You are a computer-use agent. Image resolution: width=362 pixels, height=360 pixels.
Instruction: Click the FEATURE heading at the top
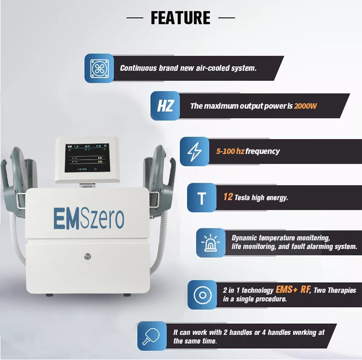pyautogui.click(x=180, y=18)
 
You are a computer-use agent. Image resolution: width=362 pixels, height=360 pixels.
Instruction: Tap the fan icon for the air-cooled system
pyautogui.click(x=99, y=68)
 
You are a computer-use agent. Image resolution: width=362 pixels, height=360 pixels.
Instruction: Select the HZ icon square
pyautogui.click(x=165, y=106)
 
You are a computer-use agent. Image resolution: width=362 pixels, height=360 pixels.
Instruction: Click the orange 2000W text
pyautogui.click(x=305, y=106)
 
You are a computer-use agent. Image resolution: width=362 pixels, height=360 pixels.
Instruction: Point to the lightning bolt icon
pyautogui.click(x=195, y=151)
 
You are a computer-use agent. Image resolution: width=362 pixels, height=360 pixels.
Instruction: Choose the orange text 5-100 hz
pyautogui.click(x=230, y=151)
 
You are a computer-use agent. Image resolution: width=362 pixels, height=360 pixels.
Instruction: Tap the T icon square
pyautogui.click(x=201, y=198)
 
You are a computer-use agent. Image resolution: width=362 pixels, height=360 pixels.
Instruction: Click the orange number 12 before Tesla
pyautogui.click(x=228, y=197)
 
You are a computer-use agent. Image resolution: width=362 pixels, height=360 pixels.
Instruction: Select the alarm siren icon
pyautogui.click(x=210, y=243)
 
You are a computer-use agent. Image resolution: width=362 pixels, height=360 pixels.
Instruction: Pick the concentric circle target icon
pyautogui.click(x=202, y=295)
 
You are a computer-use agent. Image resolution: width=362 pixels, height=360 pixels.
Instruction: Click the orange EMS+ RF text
pyautogui.click(x=292, y=289)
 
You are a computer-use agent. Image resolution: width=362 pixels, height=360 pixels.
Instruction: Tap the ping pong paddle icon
pyautogui.click(x=151, y=336)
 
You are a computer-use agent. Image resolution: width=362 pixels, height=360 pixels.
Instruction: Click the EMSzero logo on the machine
pyautogui.click(x=89, y=218)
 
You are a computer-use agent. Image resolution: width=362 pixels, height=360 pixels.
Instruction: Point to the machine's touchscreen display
pyautogui.click(x=87, y=158)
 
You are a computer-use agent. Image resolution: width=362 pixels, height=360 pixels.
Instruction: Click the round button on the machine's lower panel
pyautogui.click(x=87, y=256)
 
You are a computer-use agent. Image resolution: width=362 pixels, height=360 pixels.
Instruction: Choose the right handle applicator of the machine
pyautogui.click(x=159, y=180)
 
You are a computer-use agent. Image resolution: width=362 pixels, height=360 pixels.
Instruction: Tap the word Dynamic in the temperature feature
pyautogui.click(x=244, y=238)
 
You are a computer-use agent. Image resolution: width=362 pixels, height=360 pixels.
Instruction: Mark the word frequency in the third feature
pyautogui.click(x=262, y=151)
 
